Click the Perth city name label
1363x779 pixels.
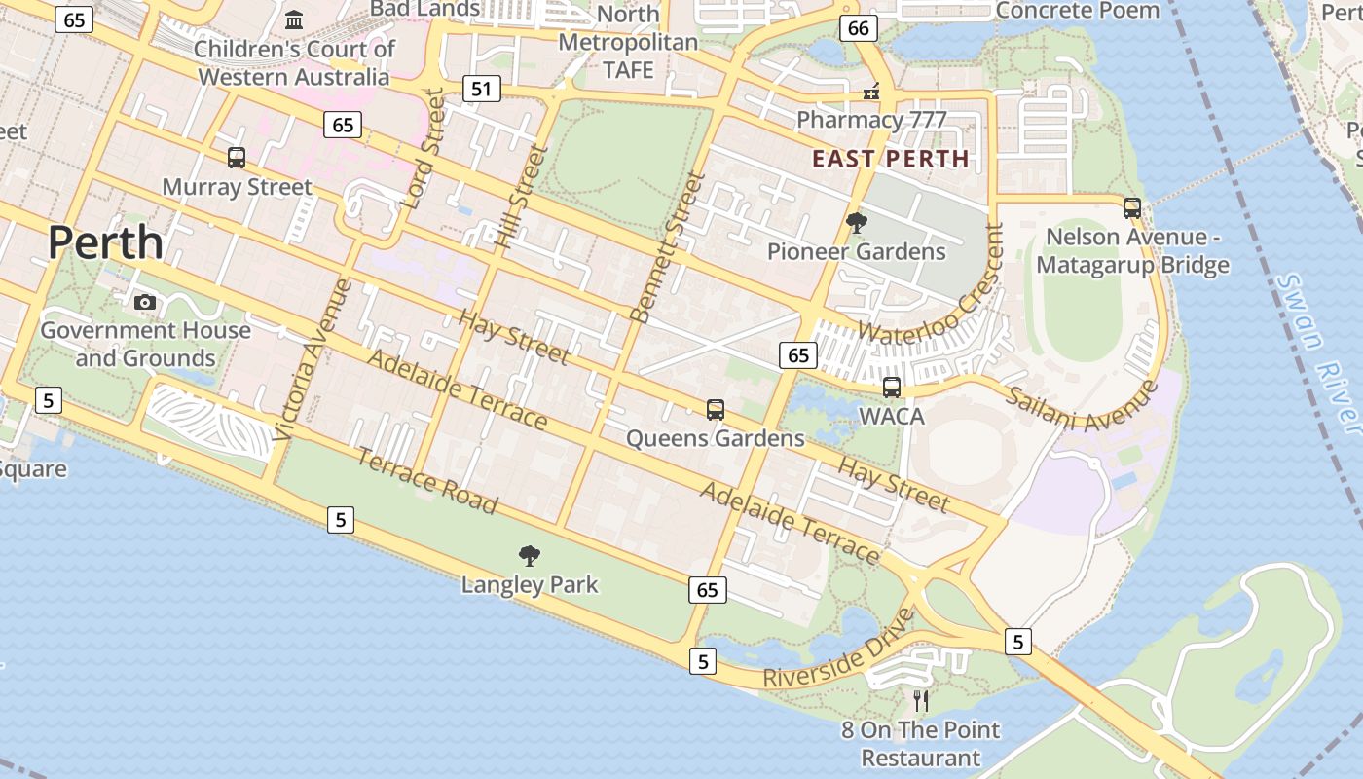coord(105,242)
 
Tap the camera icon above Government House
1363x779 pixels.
coord(145,302)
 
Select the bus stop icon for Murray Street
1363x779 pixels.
coord(236,157)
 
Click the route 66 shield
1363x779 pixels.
coord(858,28)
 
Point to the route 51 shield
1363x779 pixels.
coord(481,90)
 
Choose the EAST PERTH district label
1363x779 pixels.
coord(891,159)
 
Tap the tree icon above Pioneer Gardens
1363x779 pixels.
coord(856,223)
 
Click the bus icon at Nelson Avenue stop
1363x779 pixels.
coord(1131,207)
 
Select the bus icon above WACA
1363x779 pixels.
coord(892,388)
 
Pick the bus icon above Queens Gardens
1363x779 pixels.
coord(716,410)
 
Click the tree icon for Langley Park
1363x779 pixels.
coord(530,556)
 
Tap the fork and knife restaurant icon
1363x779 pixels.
coord(921,700)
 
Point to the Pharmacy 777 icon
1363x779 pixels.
coord(871,93)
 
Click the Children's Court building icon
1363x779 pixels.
coord(294,19)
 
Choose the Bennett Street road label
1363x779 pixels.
coord(667,247)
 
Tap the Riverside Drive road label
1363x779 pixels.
coord(839,649)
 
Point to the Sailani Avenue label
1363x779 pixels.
coord(1081,406)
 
